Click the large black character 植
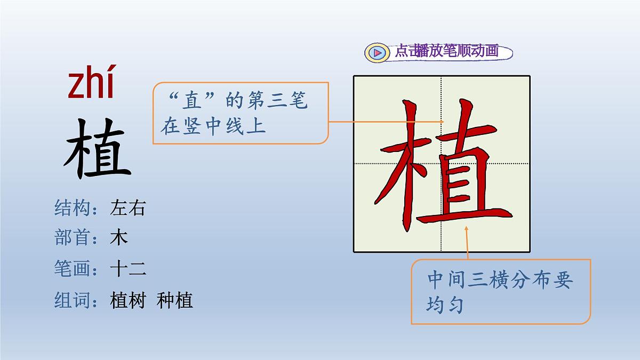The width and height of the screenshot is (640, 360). point(98,149)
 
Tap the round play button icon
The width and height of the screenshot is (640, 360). point(377,52)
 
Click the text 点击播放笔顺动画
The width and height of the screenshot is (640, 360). point(446,51)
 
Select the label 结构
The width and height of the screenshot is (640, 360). point(71,208)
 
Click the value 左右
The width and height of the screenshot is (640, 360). point(127,208)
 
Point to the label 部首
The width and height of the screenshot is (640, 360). point(71,238)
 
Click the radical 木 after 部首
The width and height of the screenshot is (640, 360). point(119,238)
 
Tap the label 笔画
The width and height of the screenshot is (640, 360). point(71,269)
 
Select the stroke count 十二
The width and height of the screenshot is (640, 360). point(127,269)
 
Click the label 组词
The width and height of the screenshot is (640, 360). point(71,300)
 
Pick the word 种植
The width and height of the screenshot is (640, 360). point(175,300)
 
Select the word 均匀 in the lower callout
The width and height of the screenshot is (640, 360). point(444,306)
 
